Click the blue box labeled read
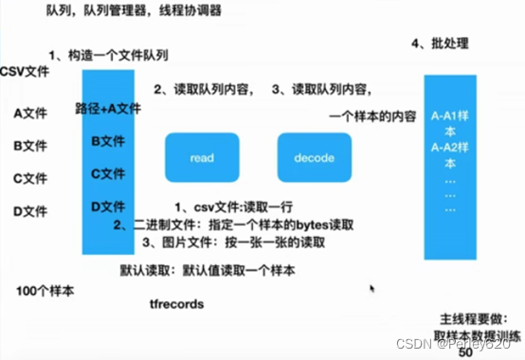[202, 158]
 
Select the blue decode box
[314, 158]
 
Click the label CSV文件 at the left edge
[25, 71]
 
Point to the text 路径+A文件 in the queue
[108, 109]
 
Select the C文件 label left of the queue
[30, 177]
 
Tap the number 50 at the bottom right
[464, 352]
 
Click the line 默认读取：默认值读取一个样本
[208, 270]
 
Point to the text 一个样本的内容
[372, 117]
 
